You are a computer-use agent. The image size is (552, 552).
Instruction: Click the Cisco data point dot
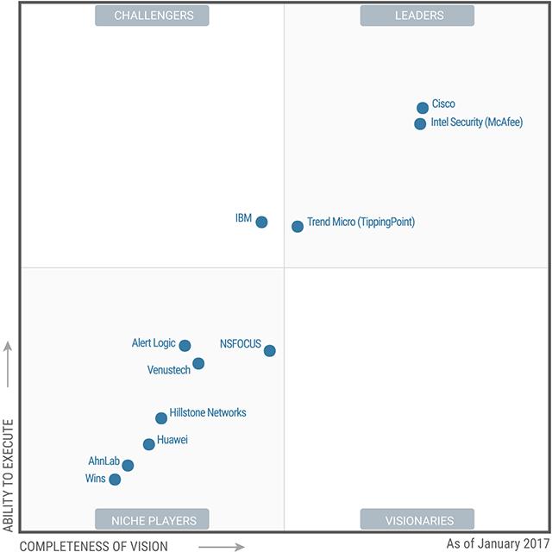pos(423,108)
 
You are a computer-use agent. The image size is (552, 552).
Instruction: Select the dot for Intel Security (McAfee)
pos(420,123)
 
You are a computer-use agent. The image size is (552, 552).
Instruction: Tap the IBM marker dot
pos(261,222)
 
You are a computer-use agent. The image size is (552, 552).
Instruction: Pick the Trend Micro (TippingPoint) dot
pos(298,226)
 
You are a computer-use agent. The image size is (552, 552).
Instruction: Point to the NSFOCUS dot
pos(270,350)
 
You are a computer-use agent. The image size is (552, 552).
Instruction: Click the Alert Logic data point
pos(185,345)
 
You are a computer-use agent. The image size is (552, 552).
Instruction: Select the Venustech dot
pos(198,363)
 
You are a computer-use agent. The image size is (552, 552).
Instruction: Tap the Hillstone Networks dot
pos(161,418)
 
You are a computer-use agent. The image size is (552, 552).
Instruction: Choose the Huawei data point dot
pos(149,444)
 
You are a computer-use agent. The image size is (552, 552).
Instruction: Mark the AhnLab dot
pos(128,465)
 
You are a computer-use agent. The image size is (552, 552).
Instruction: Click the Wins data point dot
pos(115,480)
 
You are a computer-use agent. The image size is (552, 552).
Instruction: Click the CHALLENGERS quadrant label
pos(154,16)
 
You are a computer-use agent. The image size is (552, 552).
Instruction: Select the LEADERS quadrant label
pos(417,16)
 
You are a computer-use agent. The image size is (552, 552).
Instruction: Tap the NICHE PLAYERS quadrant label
pos(154,520)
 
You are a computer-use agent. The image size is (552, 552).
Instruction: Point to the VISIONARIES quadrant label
pos(417,520)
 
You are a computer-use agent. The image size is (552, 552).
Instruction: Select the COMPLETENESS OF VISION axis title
pos(94,545)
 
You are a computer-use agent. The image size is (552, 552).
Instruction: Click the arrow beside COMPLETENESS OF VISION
pos(221,545)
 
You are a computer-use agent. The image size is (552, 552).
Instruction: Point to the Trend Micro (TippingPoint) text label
pos(361,222)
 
